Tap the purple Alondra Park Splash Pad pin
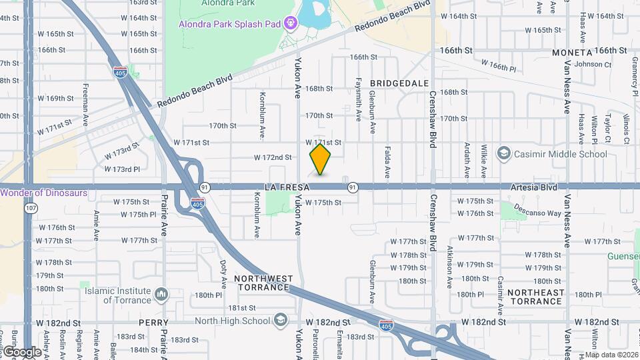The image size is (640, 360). [x=291, y=25]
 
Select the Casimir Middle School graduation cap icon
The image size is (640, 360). [x=504, y=154]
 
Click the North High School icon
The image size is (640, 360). [x=281, y=321]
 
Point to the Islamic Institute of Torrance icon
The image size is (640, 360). [x=161, y=294]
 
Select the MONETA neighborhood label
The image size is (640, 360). [x=572, y=52]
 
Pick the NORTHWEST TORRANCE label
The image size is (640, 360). [x=263, y=283]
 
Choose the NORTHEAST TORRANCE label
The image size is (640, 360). [x=535, y=297]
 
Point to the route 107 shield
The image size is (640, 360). [x=31, y=209]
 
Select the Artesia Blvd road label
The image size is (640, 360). [x=534, y=188]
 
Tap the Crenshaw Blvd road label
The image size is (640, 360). [x=433, y=119]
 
